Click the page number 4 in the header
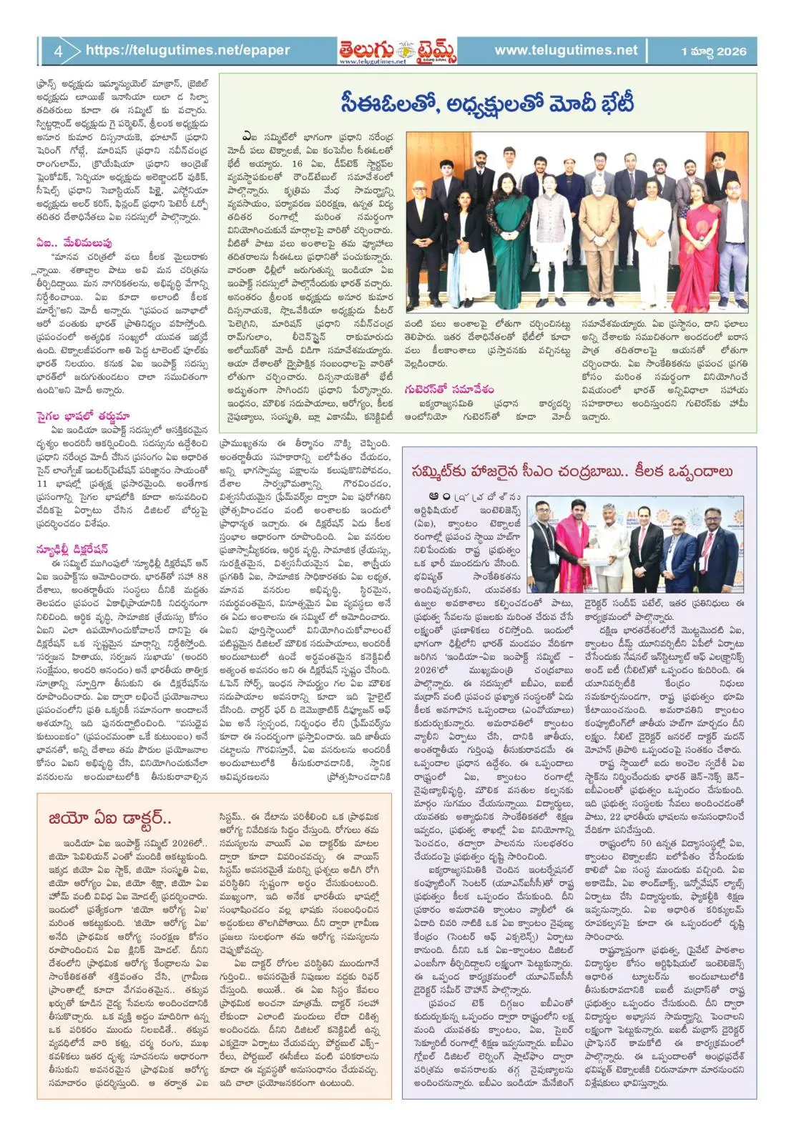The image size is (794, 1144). pyautogui.click(x=58, y=51)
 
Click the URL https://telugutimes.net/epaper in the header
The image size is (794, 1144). pyautogui.click(x=187, y=50)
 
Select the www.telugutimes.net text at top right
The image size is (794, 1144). pyautogui.click(x=565, y=50)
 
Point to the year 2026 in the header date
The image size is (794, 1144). pyautogui.click(x=731, y=51)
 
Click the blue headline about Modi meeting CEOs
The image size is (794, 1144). pyautogui.click(x=487, y=103)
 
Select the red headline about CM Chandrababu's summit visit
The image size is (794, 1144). pyautogui.click(x=572, y=471)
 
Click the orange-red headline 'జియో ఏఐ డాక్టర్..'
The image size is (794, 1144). pyautogui.click(x=110, y=818)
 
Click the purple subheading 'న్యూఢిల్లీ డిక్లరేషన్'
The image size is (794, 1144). pyautogui.click(x=72, y=549)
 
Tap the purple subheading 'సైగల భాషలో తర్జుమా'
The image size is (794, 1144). pyautogui.click(x=82, y=416)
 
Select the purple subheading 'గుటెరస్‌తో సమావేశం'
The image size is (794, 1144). pyautogui.click(x=449, y=389)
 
